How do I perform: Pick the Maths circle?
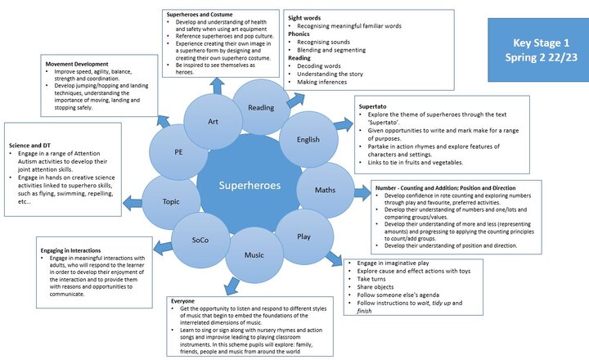pyautogui.click(x=325, y=191)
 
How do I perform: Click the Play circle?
pyautogui.click(x=303, y=236)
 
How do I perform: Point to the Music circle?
pyautogui.click(x=254, y=255)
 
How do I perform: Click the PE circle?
pyautogui.click(x=178, y=152)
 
